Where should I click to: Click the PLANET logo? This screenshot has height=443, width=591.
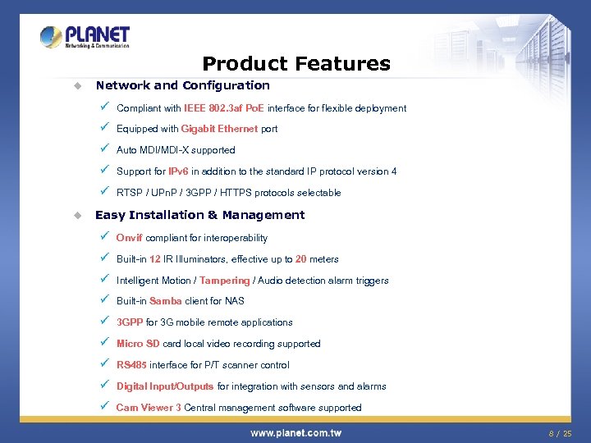pos(85,38)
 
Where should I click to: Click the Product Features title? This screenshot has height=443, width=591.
pos(296,63)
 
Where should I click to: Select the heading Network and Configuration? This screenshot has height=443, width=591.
pos(182,85)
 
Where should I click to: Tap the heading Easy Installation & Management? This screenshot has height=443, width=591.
pos(199,215)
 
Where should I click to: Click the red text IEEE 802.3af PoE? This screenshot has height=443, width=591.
pos(224,108)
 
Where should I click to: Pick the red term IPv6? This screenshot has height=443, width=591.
pos(178,171)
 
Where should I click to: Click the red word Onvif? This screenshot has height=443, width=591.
pos(129,238)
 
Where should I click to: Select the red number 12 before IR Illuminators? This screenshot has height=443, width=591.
pos(154,259)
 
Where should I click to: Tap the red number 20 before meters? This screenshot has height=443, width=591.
pos(301,259)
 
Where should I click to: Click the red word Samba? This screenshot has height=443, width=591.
pos(166,301)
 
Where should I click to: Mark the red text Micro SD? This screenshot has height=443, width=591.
pos(138,344)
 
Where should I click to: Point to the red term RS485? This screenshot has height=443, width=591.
pos(131,365)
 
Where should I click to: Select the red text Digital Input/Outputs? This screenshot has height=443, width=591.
pos(165,386)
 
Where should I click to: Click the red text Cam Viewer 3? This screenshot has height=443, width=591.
pos(149,408)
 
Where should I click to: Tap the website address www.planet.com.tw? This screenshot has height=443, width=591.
pos(295,432)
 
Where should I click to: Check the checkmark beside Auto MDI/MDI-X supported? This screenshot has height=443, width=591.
pos(103,149)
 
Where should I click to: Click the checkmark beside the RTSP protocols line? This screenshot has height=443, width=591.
pos(103,192)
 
